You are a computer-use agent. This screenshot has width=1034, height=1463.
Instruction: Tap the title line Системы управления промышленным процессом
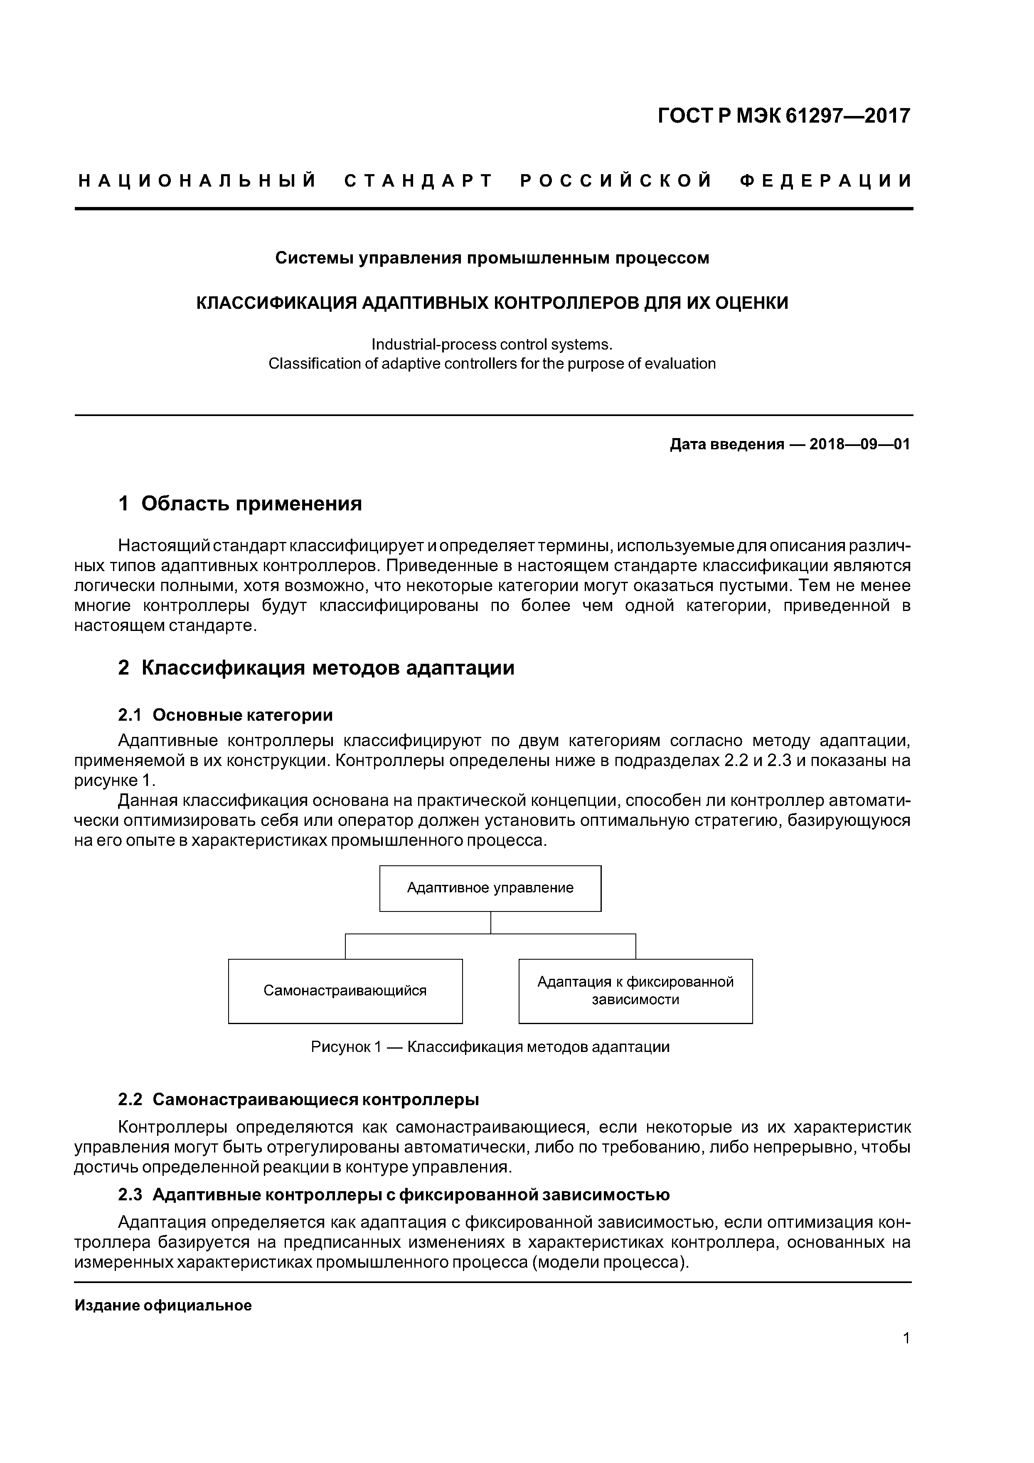(x=492, y=258)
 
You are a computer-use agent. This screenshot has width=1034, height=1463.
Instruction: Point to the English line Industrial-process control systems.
(x=492, y=345)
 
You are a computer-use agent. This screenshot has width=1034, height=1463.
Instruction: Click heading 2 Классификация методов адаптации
(x=316, y=668)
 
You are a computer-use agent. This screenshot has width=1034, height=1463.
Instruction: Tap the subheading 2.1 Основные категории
(x=226, y=715)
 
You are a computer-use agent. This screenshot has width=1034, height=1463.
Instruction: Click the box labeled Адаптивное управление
(x=490, y=888)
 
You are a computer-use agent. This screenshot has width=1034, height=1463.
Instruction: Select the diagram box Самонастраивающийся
(x=345, y=991)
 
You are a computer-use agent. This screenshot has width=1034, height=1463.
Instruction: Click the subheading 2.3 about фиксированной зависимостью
(x=394, y=1195)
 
